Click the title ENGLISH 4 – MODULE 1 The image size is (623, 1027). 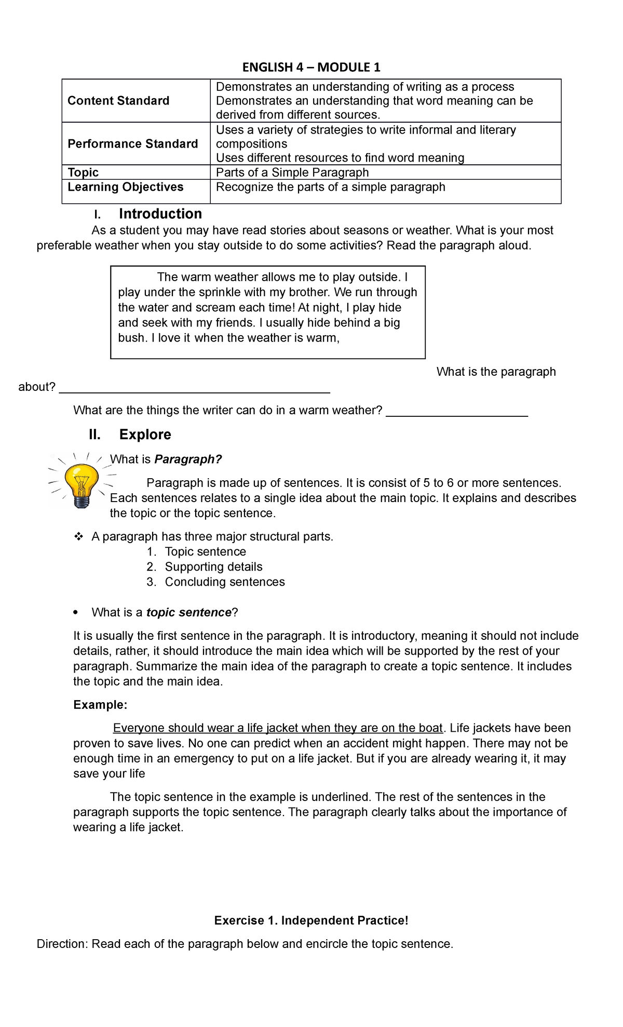pyautogui.click(x=311, y=67)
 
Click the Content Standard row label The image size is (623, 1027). pyautogui.click(x=118, y=101)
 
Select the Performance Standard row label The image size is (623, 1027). pyautogui.click(x=133, y=144)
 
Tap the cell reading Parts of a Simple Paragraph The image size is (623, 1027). pyautogui.click(x=292, y=173)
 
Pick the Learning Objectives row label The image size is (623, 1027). pyautogui.click(x=126, y=187)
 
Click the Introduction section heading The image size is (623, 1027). pyautogui.click(x=160, y=214)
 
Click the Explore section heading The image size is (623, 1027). pyautogui.click(x=145, y=434)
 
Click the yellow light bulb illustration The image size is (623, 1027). pyautogui.click(x=81, y=478)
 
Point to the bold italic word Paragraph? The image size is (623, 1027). pyautogui.click(x=188, y=459)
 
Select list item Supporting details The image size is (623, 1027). pyautogui.click(x=213, y=567)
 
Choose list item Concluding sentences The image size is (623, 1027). pyautogui.click(x=225, y=582)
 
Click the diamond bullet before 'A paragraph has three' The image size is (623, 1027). pyautogui.click(x=79, y=537)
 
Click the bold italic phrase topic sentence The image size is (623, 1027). pyautogui.click(x=188, y=613)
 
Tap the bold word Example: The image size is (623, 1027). pyautogui.click(x=100, y=705)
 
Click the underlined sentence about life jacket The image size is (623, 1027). pyautogui.click(x=278, y=728)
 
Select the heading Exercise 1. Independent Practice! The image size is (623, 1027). pyautogui.click(x=311, y=920)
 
